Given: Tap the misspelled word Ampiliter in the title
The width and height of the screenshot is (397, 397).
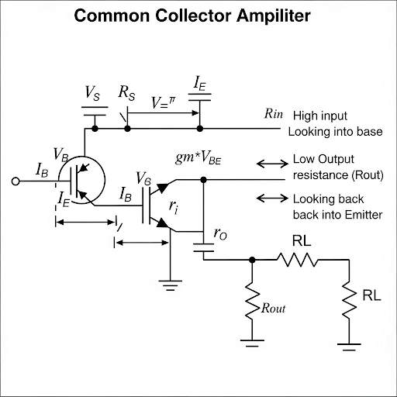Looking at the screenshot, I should [x=282, y=16].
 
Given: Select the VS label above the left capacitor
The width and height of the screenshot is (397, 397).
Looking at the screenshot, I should [x=91, y=93].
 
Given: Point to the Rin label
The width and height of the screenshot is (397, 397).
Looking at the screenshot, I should [x=274, y=114].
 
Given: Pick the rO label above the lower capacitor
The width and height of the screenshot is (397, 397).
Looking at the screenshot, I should [x=219, y=233].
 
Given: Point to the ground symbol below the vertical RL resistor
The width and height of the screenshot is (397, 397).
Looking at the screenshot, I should [x=349, y=342].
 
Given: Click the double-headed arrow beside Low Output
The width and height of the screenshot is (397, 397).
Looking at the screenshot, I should [x=271, y=164].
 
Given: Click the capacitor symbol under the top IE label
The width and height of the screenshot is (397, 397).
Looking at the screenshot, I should [x=201, y=102].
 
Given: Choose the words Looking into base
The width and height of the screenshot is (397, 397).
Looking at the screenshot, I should [x=335, y=132].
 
